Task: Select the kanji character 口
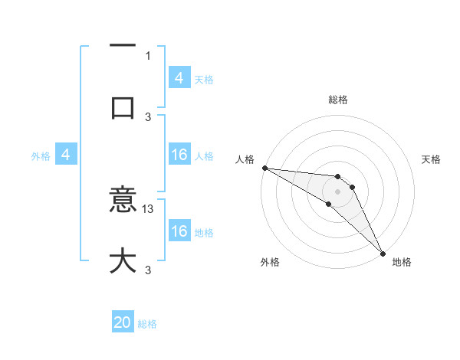(x=123, y=106)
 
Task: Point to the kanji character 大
(x=123, y=260)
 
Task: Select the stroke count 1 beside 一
(x=148, y=55)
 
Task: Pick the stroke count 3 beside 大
(x=148, y=270)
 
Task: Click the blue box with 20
(x=123, y=323)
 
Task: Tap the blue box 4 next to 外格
(x=66, y=155)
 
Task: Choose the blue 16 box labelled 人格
(x=179, y=155)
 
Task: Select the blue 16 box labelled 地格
(x=179, y=231)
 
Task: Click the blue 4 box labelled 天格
(x=179, y=78)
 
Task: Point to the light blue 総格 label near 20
(x=147, y=325)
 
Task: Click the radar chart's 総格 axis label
(x=337, y=100)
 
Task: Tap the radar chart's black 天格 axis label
(x=432, y=159)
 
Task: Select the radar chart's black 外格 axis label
(x=270, y=262)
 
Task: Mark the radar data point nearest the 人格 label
(x=264, y=168)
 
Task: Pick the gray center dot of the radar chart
(x=337, y=191)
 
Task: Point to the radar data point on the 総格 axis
(x=337, y=173)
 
